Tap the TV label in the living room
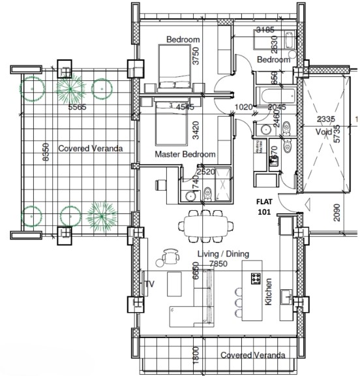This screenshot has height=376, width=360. pyautogui.click(x=149, y=284)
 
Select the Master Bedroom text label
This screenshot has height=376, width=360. pyautogui.click(x=185, y=155)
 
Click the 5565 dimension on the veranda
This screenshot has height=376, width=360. pyautogui.click(x=77, y=107)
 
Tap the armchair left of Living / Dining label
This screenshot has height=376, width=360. pyautogui.click(x=170, y=254)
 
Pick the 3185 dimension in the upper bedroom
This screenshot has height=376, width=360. pyautogui.click(x=265, y=29)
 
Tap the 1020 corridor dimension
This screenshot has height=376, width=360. pyautogui.click(x=243, y=107)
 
